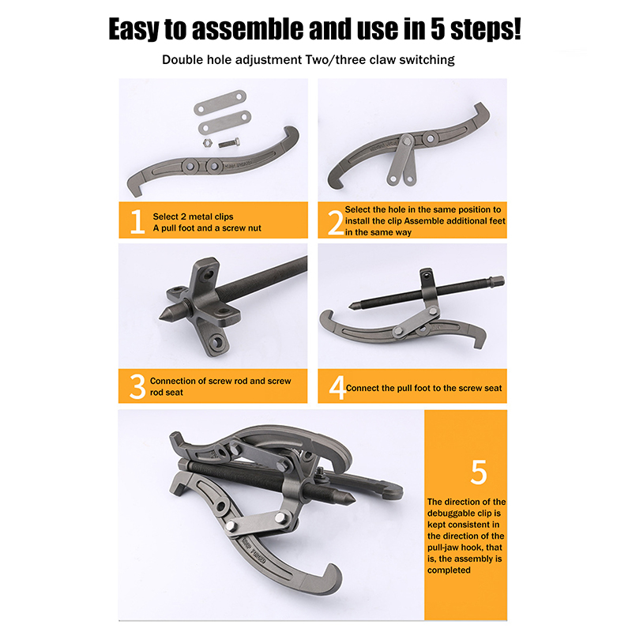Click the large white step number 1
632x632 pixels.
137,221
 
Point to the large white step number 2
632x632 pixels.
336,223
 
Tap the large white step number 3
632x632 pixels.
137,386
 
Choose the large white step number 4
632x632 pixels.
337,387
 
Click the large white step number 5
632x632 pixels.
479,472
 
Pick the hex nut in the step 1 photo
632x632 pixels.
207,143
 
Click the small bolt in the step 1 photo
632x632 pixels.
229,143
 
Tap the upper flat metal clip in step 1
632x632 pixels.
220,103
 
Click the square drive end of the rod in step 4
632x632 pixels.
498,280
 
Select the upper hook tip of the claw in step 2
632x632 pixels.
479,107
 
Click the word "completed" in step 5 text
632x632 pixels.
449,570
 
